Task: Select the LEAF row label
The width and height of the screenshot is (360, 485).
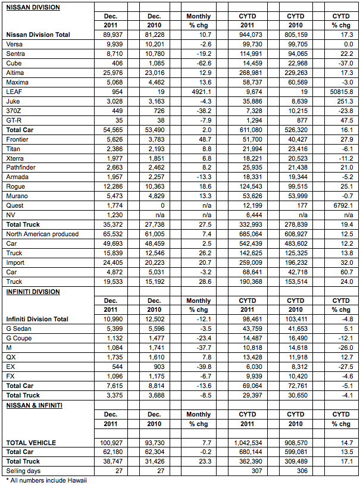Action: pyautogui.click(x=14, y=92)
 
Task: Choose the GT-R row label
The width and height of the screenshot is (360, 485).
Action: pyautogui.click(x=14, y=120)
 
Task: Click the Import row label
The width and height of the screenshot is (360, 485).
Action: pyautogui.click(x=15, y=262)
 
